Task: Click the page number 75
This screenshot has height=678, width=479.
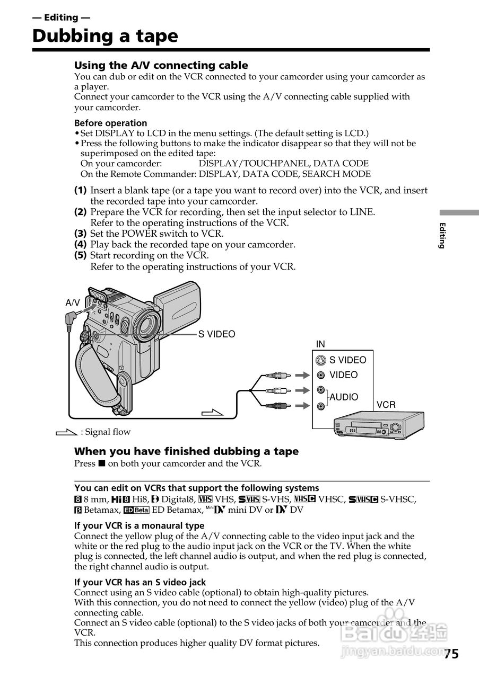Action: pos(451,654)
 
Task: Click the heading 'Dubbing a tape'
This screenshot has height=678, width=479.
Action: pos(105,36)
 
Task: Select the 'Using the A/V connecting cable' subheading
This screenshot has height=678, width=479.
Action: pos(161,65)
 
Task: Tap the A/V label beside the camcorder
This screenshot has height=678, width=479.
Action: pos(73,303)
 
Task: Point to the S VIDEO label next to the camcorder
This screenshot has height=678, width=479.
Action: pos(216,334)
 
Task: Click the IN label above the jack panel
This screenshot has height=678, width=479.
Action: pos(320,344)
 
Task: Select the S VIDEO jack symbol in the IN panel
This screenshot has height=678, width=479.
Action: pos(320,361)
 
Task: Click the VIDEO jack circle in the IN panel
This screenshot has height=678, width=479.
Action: pos(320,375)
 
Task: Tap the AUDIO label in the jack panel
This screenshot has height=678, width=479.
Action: pos(344,397)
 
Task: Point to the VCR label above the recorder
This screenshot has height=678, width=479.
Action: pos(386,405)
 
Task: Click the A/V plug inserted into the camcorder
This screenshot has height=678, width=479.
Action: pos(72,318)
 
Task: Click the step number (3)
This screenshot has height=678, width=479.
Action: pos(80,233)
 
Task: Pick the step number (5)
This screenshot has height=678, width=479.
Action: pos(80,255)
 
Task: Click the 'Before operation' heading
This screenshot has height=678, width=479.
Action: pos(110,123)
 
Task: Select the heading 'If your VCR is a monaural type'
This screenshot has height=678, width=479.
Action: pos(139,525)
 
